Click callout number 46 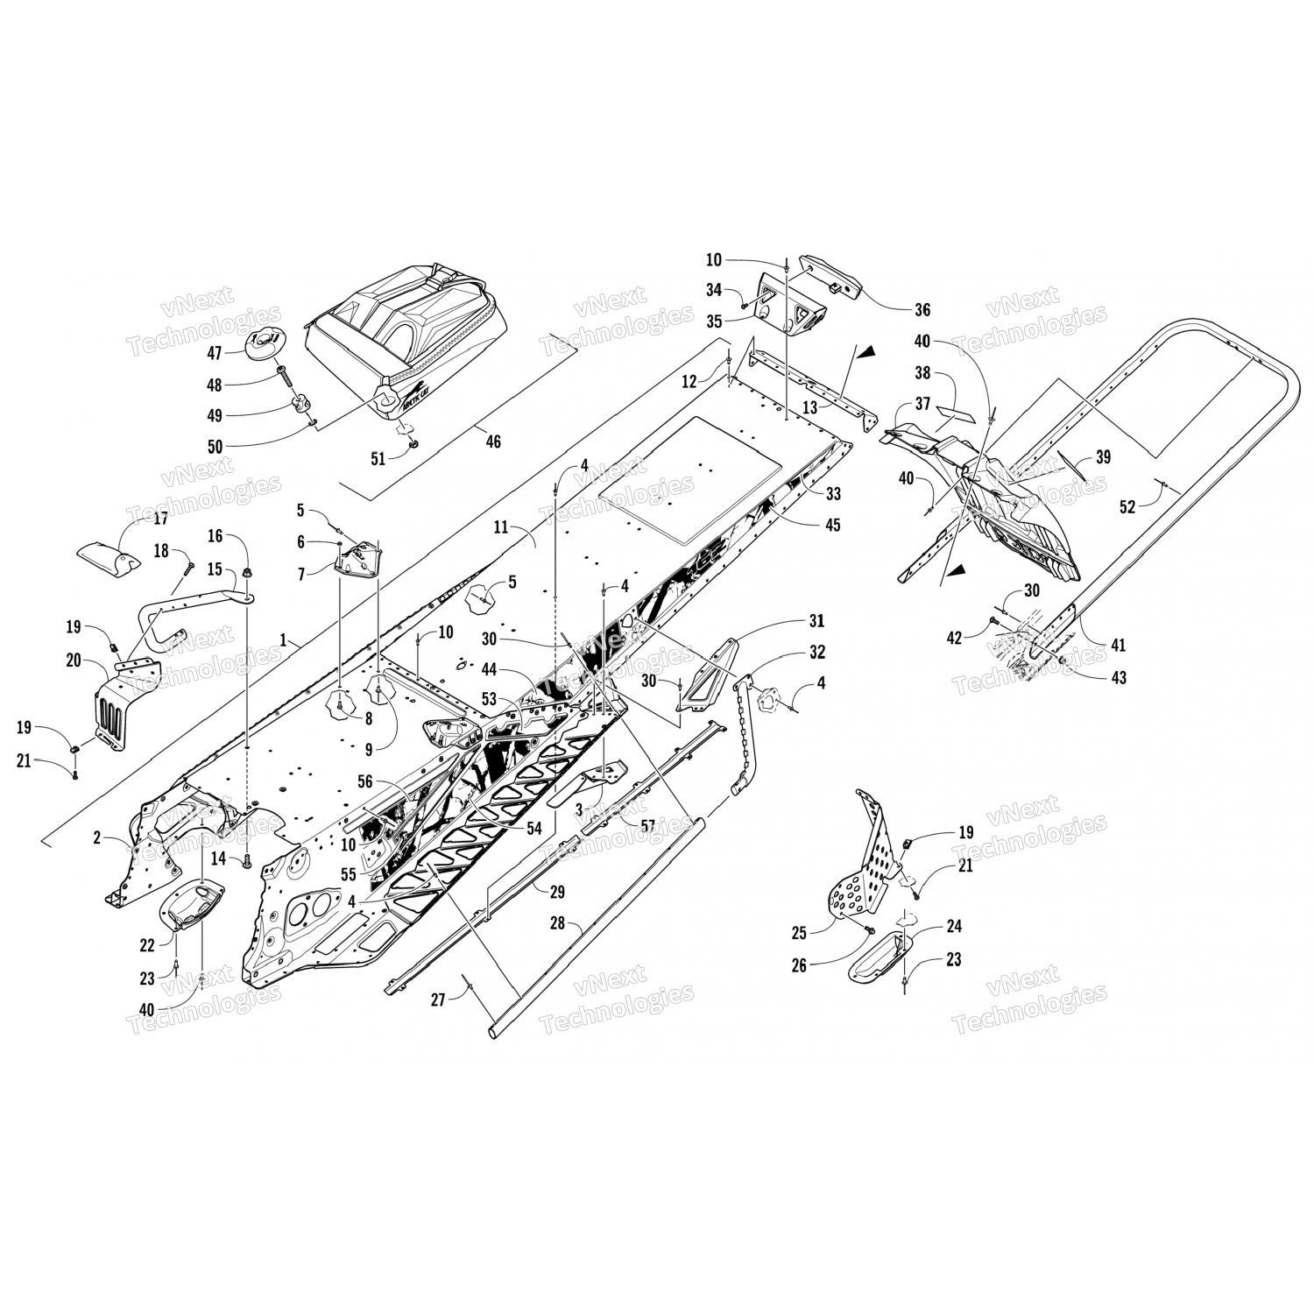pos(493,442)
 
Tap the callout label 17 pos(160,518)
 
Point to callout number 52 pos(1128,506)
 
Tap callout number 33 pos(832,494)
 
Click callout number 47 pos(214,352)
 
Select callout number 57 pos(647,825)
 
